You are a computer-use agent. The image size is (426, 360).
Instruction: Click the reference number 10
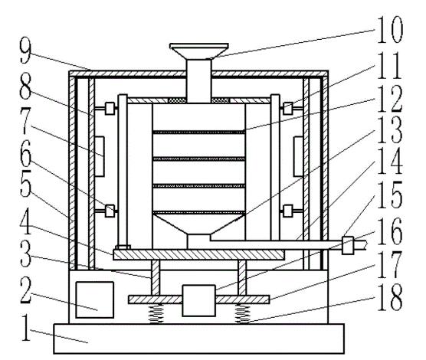[x=390, y=29]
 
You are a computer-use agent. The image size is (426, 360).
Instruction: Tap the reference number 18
[x=390, y=297]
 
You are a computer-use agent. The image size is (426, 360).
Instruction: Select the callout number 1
[x=26, y=327]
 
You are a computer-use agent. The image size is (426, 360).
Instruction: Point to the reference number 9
[x=25, y=51]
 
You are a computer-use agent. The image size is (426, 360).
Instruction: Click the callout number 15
[x=390, y=195]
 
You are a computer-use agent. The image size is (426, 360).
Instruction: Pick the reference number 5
[x=26, y=183]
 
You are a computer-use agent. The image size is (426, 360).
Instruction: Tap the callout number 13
[x=390, y=130]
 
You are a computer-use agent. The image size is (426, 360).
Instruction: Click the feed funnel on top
[x=199, y=51]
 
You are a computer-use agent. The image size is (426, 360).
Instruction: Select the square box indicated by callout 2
[x=94, y=299]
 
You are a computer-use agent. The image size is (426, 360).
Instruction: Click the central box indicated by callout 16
[x=199, y=300]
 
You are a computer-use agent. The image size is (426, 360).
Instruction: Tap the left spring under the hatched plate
[x=156, y=314]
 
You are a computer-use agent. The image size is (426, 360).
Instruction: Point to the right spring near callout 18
[x=242, y=314]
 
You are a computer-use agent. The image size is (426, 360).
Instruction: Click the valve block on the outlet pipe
[x=348, y=245]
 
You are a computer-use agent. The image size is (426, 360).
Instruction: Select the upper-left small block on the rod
[x=110, y=109]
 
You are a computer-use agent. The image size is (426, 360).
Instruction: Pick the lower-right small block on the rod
[x=288, y=211]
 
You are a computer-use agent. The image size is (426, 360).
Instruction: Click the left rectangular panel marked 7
[x=100, y=157]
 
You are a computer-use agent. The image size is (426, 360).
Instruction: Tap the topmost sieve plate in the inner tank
[x=199, y=133]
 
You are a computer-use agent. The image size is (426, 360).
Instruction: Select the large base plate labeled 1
[x=199, y=339]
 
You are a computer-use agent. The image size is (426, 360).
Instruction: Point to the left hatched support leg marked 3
[x=156, y=278]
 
